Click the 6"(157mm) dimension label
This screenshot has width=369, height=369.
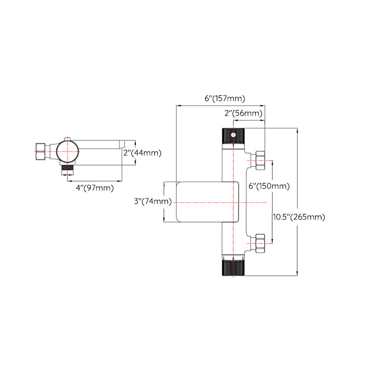(x=225, y=98)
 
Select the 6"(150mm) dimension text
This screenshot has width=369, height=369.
(x=269, y=186)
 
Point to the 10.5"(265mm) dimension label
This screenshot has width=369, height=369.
(x=299, y=217)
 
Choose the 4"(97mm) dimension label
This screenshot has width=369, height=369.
(x=95, y=188)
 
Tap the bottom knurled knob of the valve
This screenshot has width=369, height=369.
(x=234, y=268)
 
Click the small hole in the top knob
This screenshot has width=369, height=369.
(x=234, y=135)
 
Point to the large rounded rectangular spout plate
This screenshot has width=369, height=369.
(x=208, y=202)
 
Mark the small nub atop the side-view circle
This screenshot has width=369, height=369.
(x=68, y=138)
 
